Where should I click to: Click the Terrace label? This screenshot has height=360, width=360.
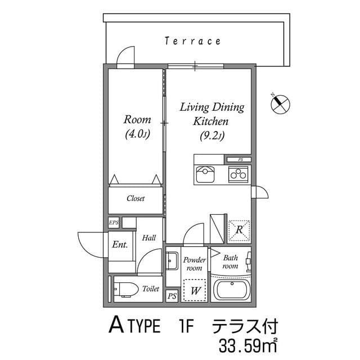(192, 41)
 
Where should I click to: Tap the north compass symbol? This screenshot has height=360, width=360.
(280, 103)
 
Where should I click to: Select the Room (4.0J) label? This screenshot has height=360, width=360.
(137, 126)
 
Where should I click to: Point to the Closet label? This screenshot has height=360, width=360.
(136, 199)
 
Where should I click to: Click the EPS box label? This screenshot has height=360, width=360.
(114, 223)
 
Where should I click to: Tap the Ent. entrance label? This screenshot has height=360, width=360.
(119, 245)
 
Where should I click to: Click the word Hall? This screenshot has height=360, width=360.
(148, 238)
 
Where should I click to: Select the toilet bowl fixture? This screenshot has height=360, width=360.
(126, 289)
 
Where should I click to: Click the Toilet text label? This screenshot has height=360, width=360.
(151, 289)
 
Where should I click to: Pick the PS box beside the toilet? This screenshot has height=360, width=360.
(172, 296)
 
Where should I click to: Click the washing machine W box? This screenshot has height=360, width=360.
(196, 290)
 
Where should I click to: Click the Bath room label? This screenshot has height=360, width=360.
(231, 262)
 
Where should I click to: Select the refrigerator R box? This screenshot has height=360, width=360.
(239, 229)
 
